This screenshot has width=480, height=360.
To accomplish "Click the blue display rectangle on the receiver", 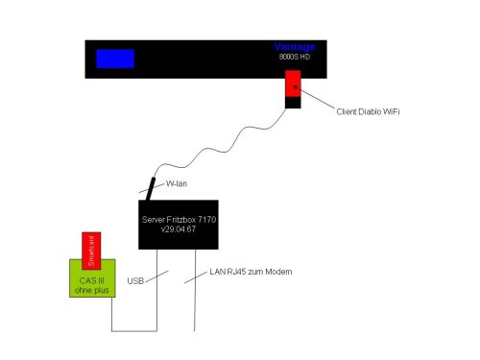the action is [x=115, y=59].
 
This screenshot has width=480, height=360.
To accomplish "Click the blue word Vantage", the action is [x=295, y=47].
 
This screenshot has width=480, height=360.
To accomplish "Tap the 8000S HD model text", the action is [x=295, y=57].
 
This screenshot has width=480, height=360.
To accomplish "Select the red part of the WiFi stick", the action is [x=293, y=84].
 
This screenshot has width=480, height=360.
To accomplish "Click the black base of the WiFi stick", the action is [x=293, y=103].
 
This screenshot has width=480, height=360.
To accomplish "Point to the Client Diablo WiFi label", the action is [x=368, y=111].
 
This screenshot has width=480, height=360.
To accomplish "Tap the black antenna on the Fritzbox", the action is [x=151, y=189].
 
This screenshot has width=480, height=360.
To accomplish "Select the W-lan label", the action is [x=177, y=184].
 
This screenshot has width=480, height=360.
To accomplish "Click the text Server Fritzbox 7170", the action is [x=179, y=220].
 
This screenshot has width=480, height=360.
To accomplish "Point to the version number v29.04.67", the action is [x=179, y=229].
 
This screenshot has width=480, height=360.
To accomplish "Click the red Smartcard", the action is [x=91, y=251].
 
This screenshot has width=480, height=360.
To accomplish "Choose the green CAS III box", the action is [x=92, y=278].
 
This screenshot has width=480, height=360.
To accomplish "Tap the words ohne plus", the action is [x=91, y=290].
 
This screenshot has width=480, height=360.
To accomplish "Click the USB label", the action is [x=135, y=281].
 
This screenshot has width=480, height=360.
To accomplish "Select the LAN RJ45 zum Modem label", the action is [x=251, y=272].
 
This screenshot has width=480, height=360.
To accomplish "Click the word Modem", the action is [x=278, y=272].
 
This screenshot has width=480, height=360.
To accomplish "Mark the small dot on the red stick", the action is [x=296, y=86].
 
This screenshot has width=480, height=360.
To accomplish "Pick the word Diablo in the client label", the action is [x=370, y=111].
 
